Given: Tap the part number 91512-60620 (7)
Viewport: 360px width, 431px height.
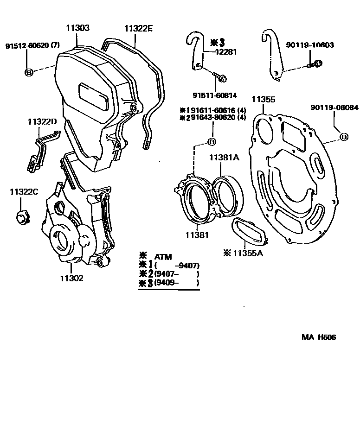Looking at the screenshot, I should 32,46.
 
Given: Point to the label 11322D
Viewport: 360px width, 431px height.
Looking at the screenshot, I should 42,122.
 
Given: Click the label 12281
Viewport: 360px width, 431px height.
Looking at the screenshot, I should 226,52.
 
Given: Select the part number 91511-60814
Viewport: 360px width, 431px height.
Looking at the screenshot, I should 215,95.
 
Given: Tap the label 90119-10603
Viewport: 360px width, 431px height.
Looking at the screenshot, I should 310,45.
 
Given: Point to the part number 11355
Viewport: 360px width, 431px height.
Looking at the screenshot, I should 264,99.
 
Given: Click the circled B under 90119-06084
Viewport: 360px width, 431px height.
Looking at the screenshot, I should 344,137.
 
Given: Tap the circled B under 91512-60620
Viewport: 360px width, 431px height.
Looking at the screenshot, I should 28,72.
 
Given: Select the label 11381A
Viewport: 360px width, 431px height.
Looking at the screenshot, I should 224,158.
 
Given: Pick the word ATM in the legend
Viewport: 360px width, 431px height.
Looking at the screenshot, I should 162,256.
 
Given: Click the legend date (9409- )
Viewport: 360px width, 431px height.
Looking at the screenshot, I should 176,283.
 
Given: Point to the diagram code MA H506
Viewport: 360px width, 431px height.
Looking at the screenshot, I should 319,337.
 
